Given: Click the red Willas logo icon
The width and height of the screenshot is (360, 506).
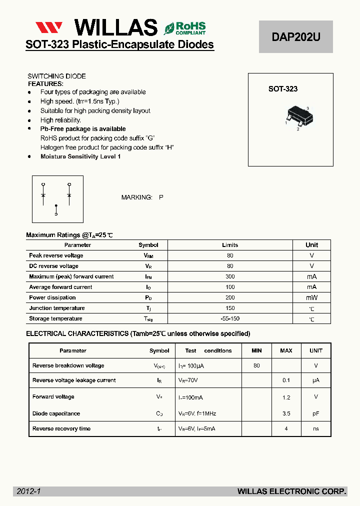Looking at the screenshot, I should click(x=48, y=27).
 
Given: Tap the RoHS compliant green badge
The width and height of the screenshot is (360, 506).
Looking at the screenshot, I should click(x=185, y=28).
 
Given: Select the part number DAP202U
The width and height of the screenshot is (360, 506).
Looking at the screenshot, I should click(x=295, y=37).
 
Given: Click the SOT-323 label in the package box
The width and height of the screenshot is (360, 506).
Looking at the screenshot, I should click(x=282, y=89).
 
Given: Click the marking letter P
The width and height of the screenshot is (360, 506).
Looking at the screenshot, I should click(x=161, y=197).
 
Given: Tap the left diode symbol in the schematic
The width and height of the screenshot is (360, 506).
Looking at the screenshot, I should click(x=43, y=193).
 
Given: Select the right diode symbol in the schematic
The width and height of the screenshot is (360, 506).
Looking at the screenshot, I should click(x=69, y=193).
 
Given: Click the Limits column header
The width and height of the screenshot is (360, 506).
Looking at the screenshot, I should click(x=230, y=245).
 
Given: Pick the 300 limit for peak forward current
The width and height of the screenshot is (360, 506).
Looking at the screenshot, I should click(x=230, y=276).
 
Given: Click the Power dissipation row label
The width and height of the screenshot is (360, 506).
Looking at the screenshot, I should click(x=52, y=297).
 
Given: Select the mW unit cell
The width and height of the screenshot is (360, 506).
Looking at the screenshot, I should click(x=311, y=297).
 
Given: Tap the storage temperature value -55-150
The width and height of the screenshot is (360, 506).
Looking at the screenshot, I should click(x=230, y=318).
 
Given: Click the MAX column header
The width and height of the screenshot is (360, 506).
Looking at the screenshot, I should click(x=286, y=350).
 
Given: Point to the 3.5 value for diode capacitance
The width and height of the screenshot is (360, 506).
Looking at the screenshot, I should click(x=286, y=413).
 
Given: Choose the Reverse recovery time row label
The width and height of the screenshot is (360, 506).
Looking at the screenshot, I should click(x=61, y=428).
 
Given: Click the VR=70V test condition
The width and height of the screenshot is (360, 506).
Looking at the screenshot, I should click(x=188, y=380).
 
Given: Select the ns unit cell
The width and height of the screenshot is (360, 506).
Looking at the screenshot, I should click(x=315, y=428).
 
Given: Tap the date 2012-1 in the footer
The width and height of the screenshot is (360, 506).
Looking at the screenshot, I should click(x=28, y=492).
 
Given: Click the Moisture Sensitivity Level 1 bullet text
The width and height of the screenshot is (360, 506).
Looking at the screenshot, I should click(x=80, y=156).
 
